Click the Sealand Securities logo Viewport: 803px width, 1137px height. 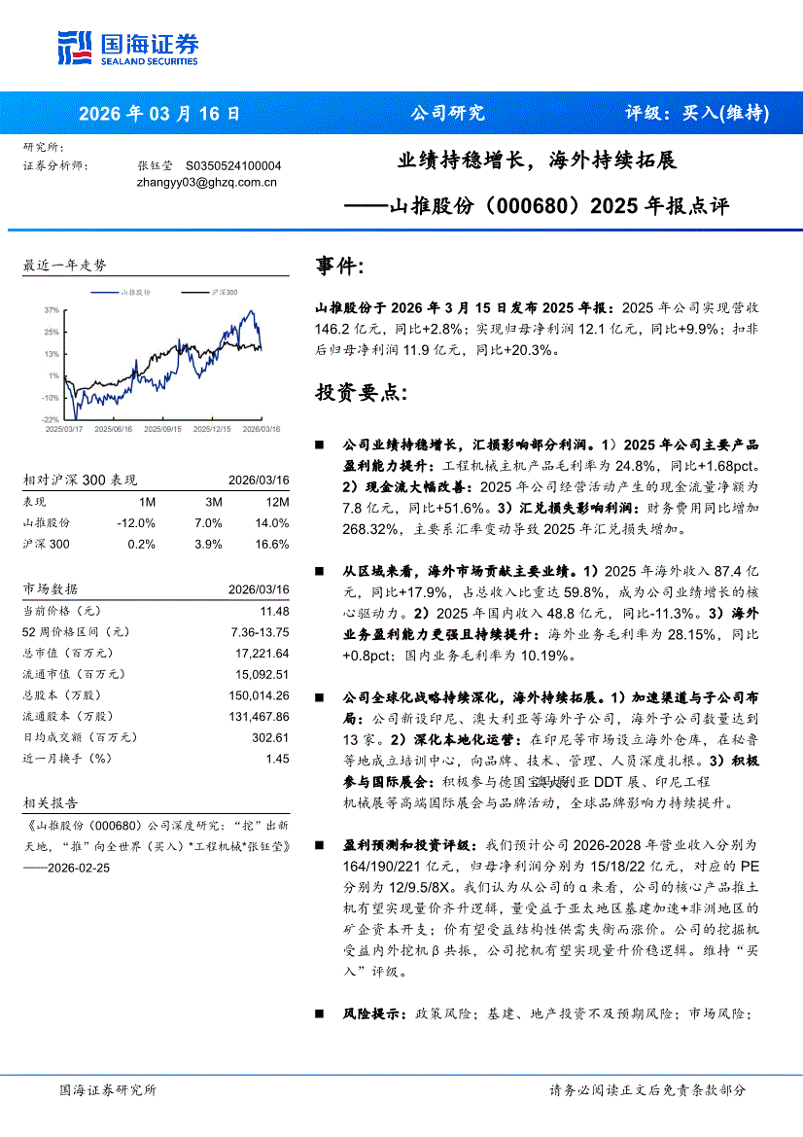click(x=127, y=48)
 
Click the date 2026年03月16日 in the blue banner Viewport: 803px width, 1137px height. click(x=158, y=113)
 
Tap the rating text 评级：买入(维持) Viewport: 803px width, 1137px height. click(x=696, y=113)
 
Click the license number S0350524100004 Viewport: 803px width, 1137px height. click(x=232, y=165)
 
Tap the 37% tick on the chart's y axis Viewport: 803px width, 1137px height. click(x=52, y=309)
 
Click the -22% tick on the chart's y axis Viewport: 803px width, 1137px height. click(x=51, y=419)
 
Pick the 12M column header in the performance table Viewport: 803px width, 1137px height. click(x=277, y=502)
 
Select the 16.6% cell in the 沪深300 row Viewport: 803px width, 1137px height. click(x=272, y=544)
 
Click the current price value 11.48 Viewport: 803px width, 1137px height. click(x=274, y=611)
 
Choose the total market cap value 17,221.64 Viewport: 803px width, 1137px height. click(x=263, y=653)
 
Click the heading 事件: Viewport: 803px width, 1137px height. click(x=340, y=266)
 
